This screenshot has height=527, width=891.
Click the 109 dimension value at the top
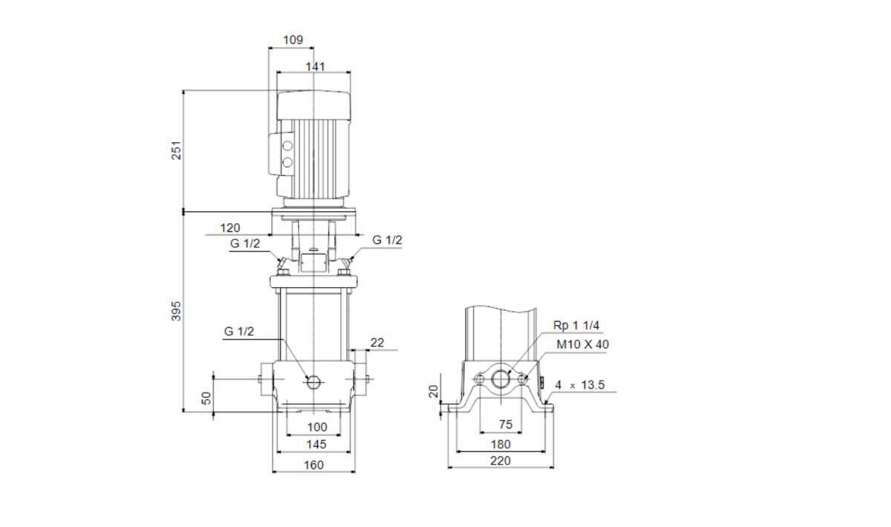[293, 40]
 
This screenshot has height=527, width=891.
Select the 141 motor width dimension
[315, 66]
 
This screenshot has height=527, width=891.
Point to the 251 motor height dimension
[176, 150]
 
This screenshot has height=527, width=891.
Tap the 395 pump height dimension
[176, 311]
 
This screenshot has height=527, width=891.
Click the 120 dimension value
[230, 228]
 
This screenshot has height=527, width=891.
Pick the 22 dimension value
[377, 343]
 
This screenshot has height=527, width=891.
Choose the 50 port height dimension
[206, 398]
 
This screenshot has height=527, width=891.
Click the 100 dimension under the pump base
[317, 427]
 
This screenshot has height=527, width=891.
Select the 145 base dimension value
[316, 444]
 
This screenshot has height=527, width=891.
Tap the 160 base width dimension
[314, 465]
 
